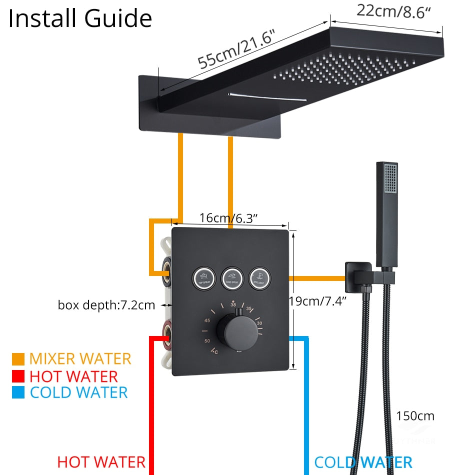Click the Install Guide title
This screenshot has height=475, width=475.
(80, 18)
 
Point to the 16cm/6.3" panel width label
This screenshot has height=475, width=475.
(228, 218)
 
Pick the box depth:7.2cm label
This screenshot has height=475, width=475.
(106, 304)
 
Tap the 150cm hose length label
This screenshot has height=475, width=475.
(415, 415)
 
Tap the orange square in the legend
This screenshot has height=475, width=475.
(18, 359)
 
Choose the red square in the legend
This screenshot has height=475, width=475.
(18, 376)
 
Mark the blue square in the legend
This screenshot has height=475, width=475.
(18, 393)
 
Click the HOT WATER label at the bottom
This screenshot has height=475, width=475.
(101, 462)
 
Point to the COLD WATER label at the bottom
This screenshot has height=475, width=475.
(363, 462)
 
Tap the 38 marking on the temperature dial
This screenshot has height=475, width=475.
(233, 304)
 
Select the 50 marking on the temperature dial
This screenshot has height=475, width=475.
(207, 340)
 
